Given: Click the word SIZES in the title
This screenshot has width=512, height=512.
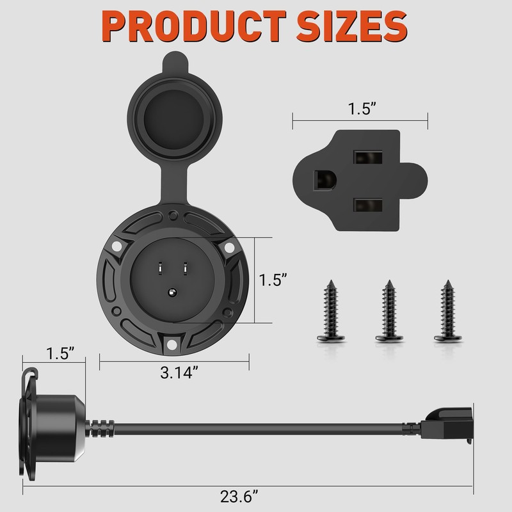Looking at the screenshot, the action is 352,26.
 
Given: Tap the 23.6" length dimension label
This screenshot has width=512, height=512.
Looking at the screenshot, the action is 239,497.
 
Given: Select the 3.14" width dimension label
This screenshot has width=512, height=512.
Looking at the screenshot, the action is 179,372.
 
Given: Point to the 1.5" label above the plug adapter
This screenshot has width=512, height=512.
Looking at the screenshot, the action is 362,109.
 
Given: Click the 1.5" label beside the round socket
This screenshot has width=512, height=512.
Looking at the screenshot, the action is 273,280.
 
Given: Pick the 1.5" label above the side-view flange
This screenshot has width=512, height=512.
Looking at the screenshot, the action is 60,353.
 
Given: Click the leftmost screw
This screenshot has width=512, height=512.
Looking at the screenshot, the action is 331,311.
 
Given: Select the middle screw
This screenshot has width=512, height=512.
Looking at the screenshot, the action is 389,311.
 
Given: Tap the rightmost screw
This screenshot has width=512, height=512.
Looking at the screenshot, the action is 447,311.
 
